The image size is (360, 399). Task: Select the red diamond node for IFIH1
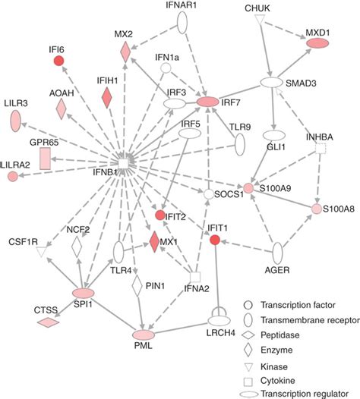point(106,96)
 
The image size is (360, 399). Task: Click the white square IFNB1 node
point(123,162)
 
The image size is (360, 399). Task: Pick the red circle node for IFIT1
point(216,240)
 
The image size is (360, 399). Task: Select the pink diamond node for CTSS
point(47,323)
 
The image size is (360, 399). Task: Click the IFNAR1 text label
point(181,5)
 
